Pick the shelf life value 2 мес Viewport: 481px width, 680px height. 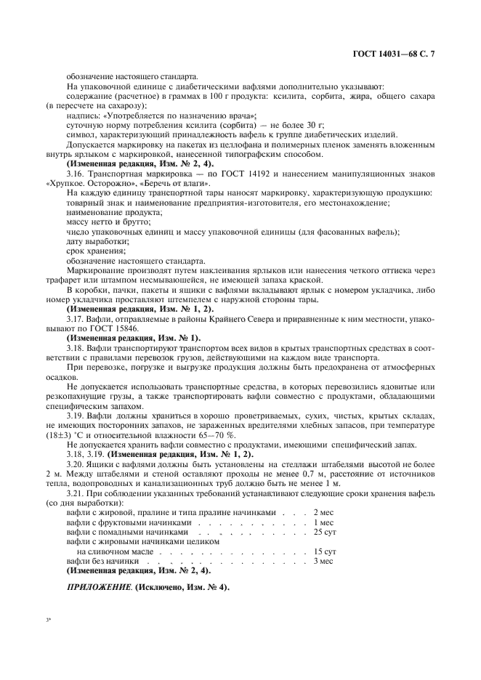tap(323, 512)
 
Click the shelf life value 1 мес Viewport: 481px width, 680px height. tap(323, 522)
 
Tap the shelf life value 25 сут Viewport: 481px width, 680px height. tap(325, 532)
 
